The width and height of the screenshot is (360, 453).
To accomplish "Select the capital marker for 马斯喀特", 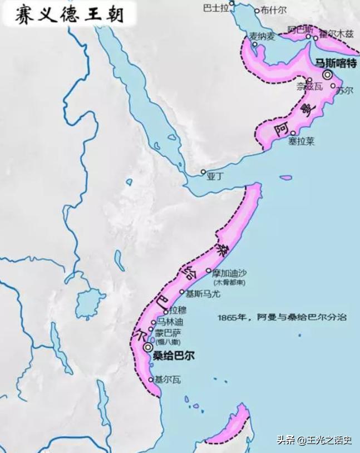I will pos(328,74).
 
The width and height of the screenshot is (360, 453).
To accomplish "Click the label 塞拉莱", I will pos(301,141).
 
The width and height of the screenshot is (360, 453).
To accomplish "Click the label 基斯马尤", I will pos(203,293).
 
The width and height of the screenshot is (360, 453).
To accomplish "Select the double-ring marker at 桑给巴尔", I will pos(147,347).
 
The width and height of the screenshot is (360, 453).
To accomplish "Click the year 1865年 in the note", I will pos(235,318).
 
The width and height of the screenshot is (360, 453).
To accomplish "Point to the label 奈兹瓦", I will pos(309,87).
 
